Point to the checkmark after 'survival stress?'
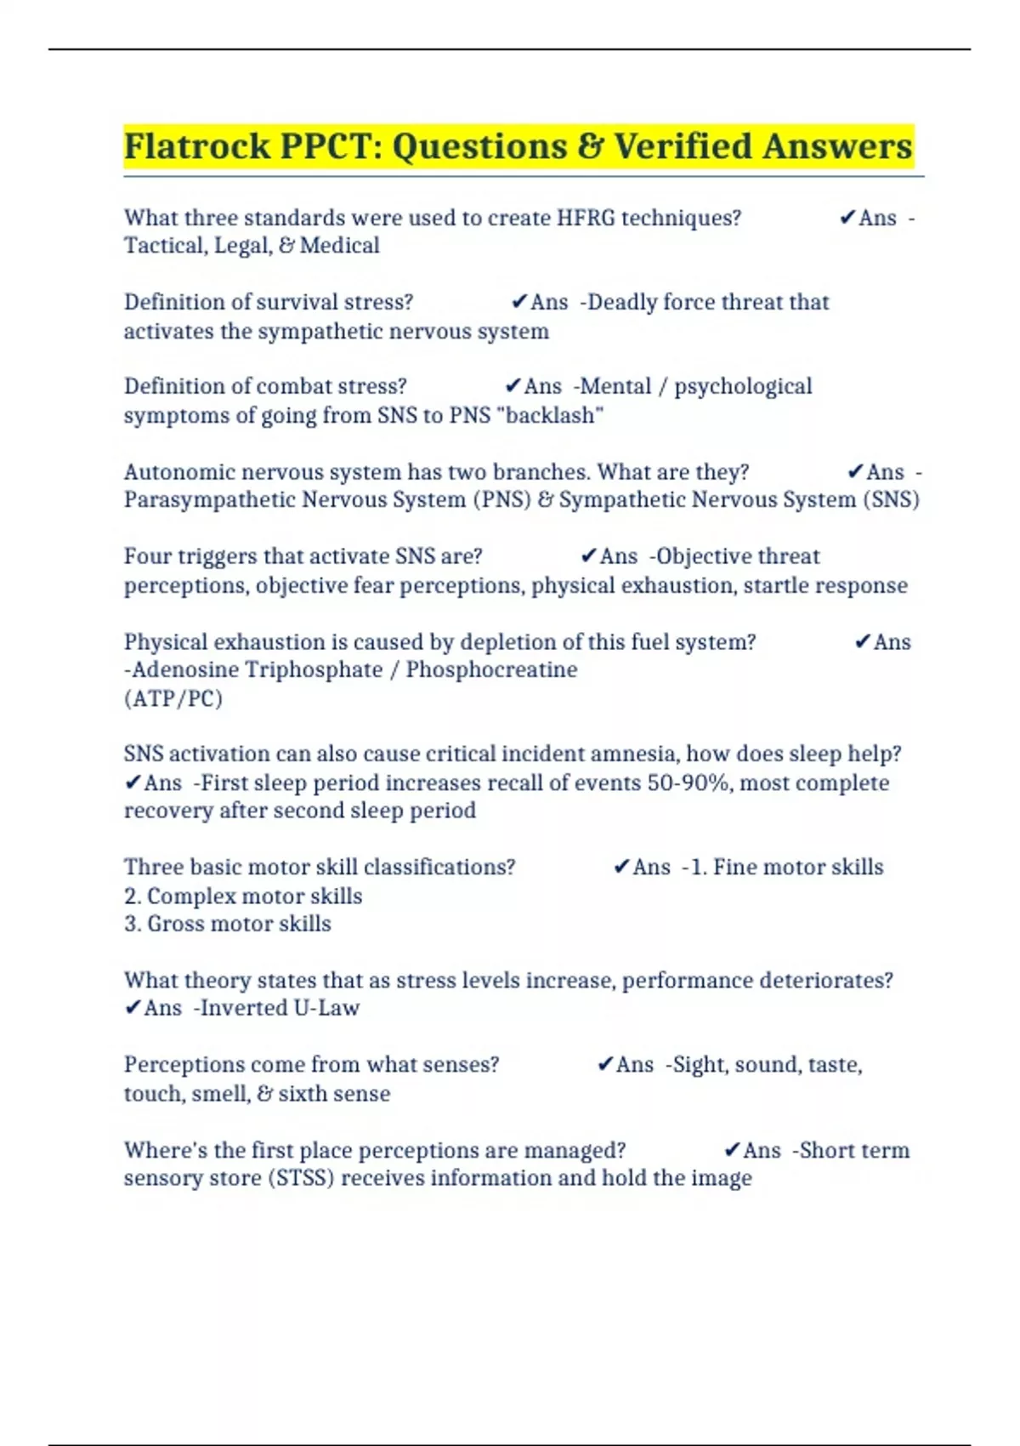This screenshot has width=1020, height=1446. click(518, 302)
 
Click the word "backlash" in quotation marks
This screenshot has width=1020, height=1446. click(554, 416)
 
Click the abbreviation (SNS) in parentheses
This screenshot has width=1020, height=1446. click(891, 499)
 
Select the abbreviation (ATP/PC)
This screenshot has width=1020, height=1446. click(173, 699)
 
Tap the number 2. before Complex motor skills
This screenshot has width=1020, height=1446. click(133, 897)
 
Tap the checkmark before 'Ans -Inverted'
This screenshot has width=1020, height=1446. click(133, 1008)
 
